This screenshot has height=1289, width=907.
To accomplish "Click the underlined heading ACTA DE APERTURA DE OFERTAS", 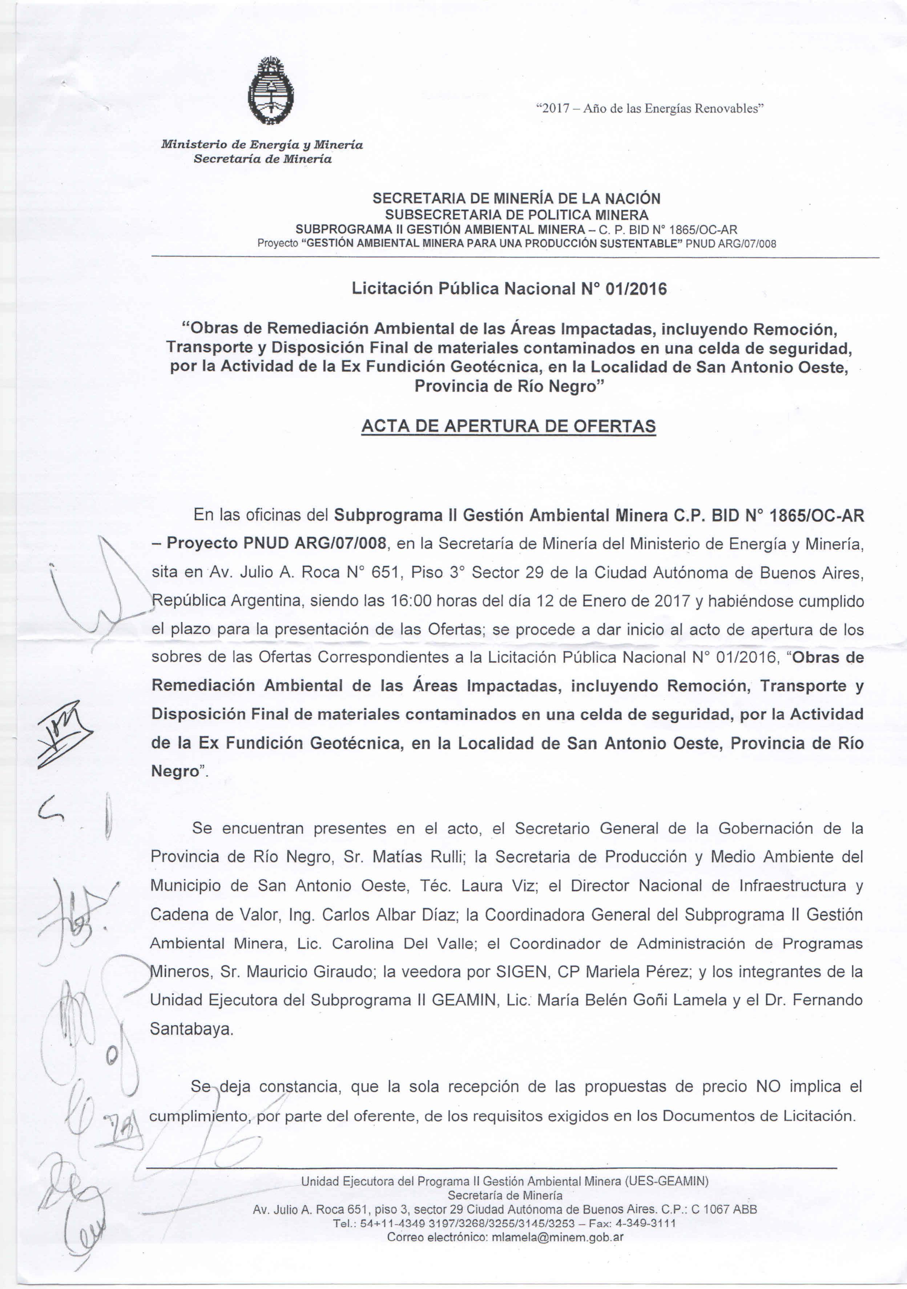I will [x=508, y=426].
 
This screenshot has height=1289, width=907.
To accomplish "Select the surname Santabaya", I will [x=192, y=1029].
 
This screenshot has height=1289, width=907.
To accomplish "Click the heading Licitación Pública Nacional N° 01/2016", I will [x=509, y=289].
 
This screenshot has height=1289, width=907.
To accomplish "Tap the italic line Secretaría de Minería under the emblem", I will [x=262, y=159].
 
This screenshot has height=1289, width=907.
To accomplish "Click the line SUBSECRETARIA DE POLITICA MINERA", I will [x=516, y=214].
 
